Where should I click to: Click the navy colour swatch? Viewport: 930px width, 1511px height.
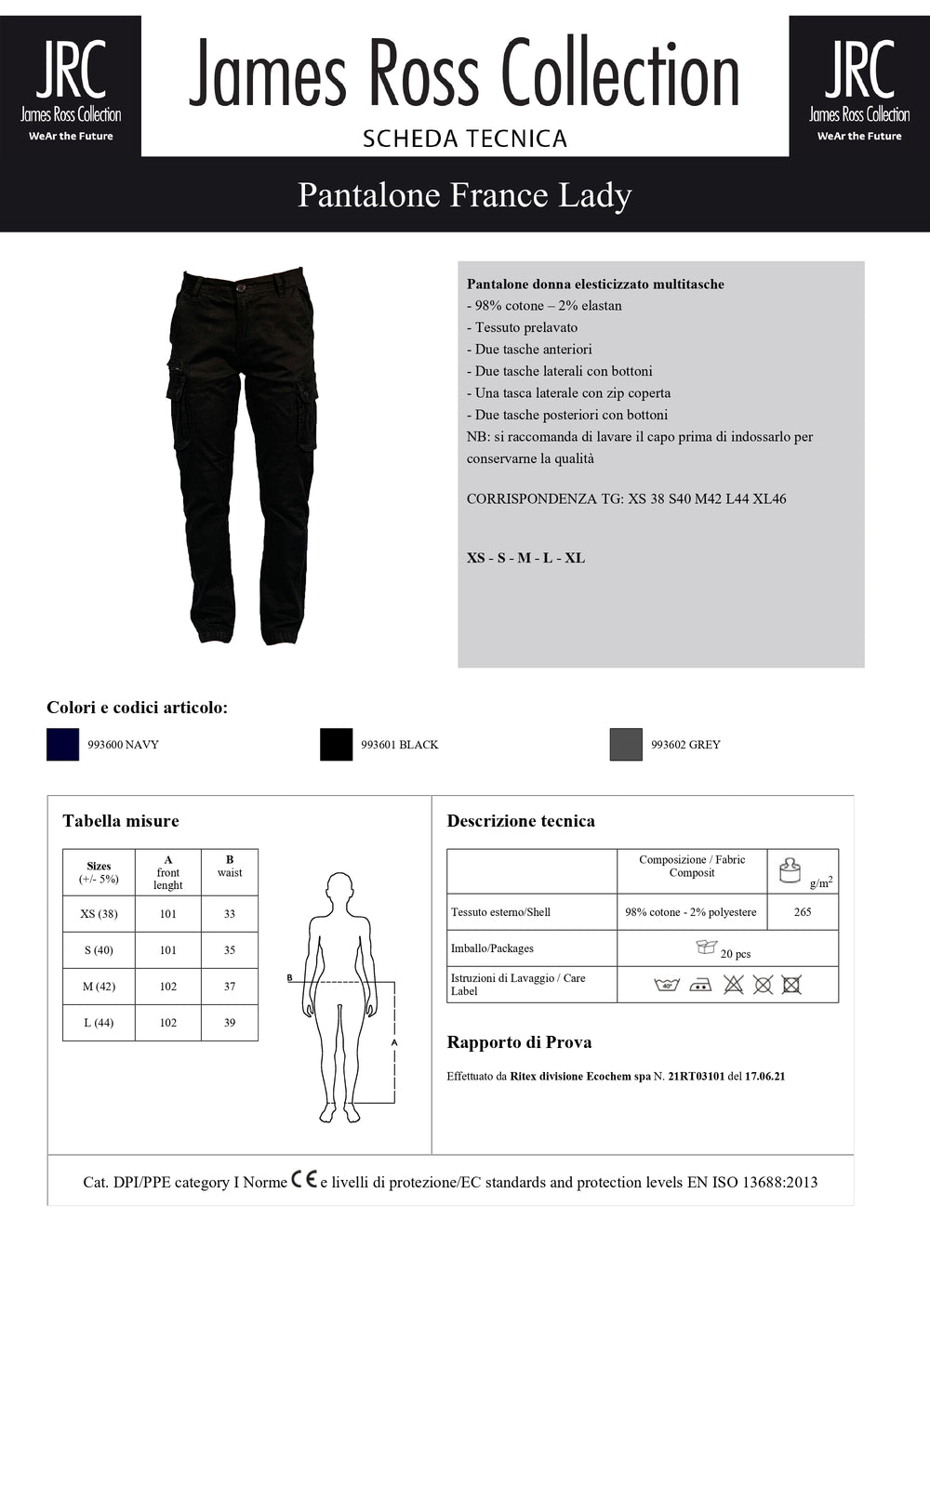(62, 744)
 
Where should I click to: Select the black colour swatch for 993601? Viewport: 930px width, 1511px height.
(336, 744)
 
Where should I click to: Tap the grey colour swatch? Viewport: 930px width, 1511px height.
(626, 744)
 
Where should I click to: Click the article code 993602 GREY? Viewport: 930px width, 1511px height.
(685, 745)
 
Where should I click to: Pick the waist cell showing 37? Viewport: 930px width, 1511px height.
(230, 987)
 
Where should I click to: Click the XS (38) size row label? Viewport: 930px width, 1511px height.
(99, 914)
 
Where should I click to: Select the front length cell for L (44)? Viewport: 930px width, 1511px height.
(168, 1023)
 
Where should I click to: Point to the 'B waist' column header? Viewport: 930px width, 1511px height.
(230, 867)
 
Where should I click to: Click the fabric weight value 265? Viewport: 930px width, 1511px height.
(803, 912)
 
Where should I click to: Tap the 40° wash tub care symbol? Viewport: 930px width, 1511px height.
(667, 985)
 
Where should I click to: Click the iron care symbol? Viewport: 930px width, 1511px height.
(700, 985)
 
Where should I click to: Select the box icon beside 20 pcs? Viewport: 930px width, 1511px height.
(707, 947)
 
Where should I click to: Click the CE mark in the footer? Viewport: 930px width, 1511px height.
(304, 1179)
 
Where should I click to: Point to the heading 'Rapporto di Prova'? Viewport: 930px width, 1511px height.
(519, 1042)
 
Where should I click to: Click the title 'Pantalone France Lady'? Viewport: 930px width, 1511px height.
(464, 195)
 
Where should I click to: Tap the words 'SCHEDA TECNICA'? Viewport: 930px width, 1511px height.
(464, 139)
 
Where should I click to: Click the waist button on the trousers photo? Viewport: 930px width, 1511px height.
(242, 287)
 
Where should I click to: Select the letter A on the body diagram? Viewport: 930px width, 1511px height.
(394, 1043)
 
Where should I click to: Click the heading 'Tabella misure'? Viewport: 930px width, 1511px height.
(121, 821)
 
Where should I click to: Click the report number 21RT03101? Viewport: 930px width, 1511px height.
(696, 1077)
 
